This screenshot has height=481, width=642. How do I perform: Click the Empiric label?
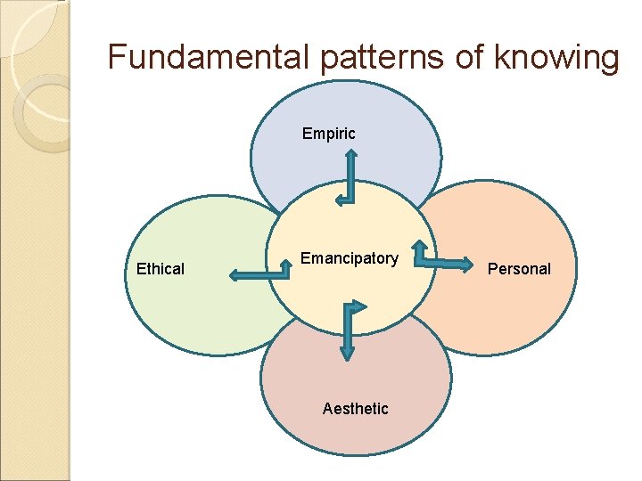point(328,134)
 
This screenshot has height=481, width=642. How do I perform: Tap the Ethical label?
point(160,269)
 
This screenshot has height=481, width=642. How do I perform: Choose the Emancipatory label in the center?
point(349,258)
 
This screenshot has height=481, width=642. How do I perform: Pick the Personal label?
point(519,269)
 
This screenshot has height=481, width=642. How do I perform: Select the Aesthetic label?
point(355,409)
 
